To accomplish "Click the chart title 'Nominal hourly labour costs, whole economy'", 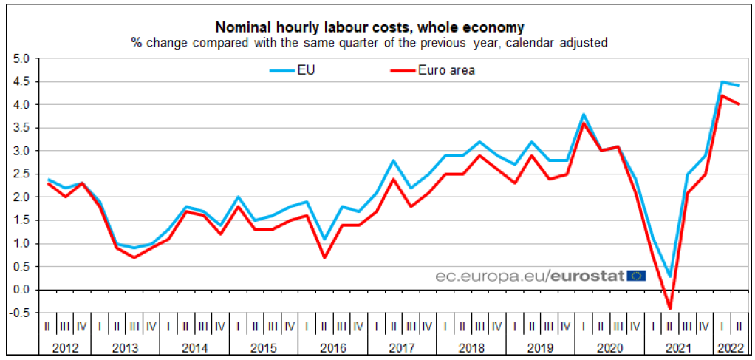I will coord(369,28).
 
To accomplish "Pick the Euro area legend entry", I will coord(446,71).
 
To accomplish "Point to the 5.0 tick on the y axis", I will coord(21,58).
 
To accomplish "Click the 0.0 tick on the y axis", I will coord(21,290).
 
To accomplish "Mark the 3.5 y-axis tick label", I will coord(21,128).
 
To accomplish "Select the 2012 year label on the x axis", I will coord(66,348).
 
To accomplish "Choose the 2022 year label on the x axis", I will coord(729,348).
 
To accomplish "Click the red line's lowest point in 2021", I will coord(670,309).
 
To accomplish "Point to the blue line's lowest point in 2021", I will coord(670,276).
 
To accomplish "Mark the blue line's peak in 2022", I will coord(722,81).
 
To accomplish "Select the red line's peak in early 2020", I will coord(584,123).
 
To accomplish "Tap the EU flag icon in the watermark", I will coord(636,276).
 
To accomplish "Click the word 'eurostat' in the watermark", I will coord(588,276).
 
